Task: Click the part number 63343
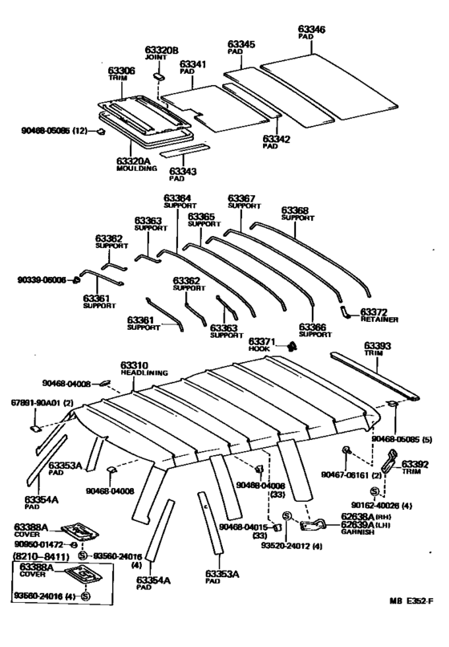(x=182, y=170)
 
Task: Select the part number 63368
(x=294, y=211)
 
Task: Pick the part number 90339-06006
(x=40, y=280)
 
